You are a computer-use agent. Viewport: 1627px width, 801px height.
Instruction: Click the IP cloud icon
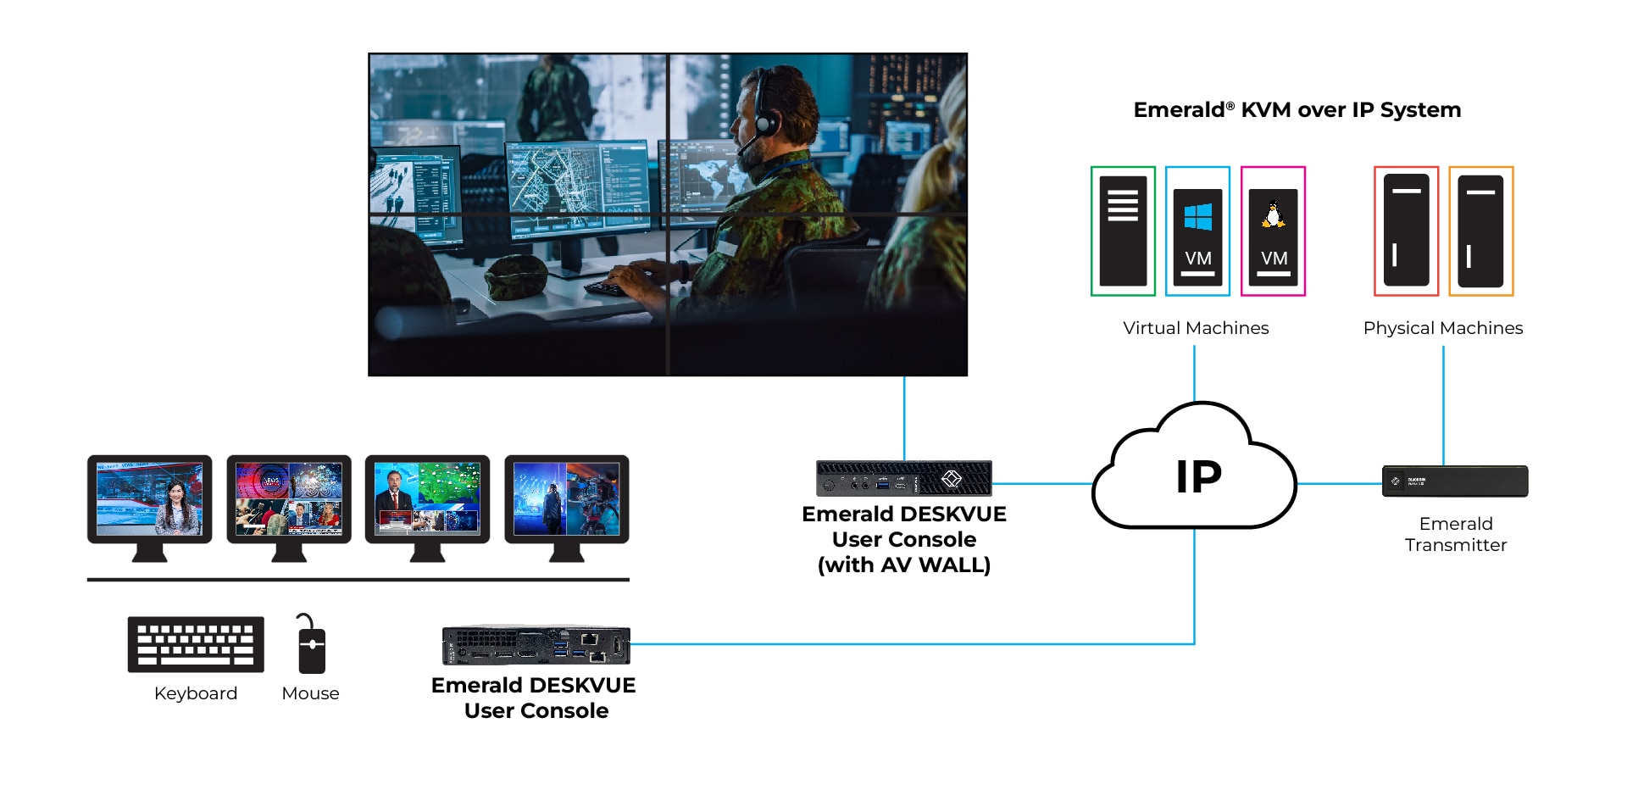[1195, 475]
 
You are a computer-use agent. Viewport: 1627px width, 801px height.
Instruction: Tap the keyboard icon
[196, 644]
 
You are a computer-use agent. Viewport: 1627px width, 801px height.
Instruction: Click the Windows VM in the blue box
[1197, 231]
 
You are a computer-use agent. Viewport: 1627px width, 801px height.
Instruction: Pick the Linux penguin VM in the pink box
[1273, 231]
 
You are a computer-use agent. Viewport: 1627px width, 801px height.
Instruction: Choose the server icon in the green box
[1123, 231]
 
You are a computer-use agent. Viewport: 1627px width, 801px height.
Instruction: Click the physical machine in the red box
[1406, 231]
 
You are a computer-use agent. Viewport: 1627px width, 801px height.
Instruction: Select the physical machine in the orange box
[1480, 231]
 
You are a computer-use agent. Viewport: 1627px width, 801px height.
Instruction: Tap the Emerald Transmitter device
[1454, 481]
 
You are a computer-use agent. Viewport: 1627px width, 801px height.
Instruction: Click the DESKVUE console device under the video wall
[903, 479]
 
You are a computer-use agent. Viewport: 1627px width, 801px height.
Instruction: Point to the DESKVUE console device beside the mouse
[536, 646]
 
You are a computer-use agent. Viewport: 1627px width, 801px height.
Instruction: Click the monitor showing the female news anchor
[150, 500]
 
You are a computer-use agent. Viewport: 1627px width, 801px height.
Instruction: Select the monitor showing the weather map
[427, 500]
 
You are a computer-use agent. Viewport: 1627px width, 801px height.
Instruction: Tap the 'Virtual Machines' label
[1196, 328]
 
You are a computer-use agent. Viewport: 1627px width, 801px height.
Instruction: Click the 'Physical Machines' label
[1442, 328]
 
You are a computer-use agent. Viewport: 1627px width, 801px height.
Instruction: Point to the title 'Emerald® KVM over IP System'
[1297, 110]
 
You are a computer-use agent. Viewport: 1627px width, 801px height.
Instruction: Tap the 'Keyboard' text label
[196, 693]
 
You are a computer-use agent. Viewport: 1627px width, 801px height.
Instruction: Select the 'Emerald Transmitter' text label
[1455, 534]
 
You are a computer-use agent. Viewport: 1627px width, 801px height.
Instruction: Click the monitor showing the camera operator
[566, 500]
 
